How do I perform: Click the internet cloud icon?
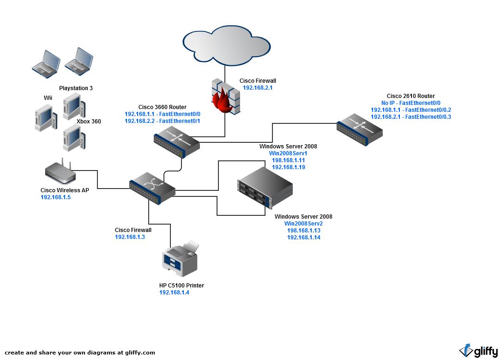227,45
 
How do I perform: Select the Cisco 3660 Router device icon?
177,141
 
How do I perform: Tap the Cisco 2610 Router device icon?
359,129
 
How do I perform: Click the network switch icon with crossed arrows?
152,188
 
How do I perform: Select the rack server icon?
265,188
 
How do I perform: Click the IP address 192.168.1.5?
55,197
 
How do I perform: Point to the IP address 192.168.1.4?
174,293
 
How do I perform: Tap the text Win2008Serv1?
288,153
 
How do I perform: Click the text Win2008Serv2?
303,224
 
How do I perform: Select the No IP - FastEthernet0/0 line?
411,103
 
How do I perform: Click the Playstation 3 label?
76,88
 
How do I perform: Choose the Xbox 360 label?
89,122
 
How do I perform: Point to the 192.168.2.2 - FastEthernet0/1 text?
163,121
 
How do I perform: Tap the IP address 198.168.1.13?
304,231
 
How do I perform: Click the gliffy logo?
478,351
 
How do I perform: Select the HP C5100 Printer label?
181,286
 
